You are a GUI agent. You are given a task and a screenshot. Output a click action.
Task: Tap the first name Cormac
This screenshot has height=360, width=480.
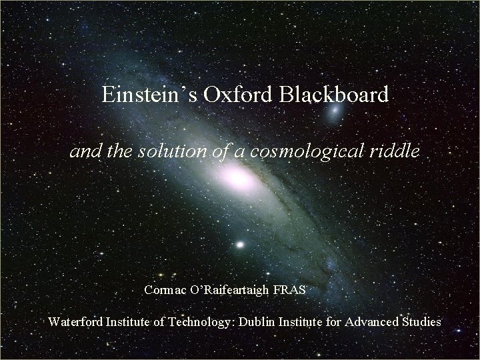pyautogui.click(x=165, y=291)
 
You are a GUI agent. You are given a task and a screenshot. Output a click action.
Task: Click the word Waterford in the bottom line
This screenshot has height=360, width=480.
pyautogui.click(x=75, y=321)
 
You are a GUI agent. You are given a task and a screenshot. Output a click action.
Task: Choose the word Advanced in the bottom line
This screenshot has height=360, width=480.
pyautogui.click(x=371, y=321)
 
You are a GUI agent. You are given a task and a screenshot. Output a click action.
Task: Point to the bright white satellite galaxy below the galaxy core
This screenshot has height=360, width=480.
pyautogui.click(x=239, y=244)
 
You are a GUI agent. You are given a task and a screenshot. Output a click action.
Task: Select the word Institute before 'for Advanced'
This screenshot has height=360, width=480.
pyautogui.click(x=305, y=321)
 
